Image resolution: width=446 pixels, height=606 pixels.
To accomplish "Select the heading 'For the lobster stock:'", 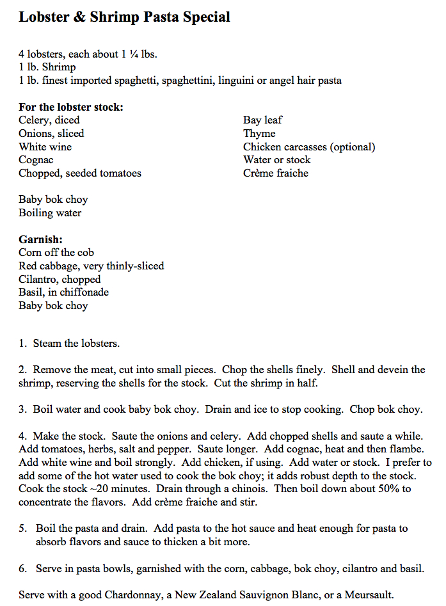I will point(70,107).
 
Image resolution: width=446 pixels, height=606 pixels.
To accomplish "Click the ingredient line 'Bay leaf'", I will point(262,120).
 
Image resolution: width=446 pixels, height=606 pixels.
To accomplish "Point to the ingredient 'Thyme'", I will point(259,134).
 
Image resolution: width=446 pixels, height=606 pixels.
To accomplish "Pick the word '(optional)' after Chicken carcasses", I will point(351,147).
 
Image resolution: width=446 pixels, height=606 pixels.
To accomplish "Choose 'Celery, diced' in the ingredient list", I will point(49,120).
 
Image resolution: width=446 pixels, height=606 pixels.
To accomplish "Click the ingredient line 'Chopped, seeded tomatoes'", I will point(80,173).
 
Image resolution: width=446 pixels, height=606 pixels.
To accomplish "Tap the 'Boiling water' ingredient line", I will point(50,213).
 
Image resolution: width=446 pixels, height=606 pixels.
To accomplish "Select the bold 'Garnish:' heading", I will point(40,239).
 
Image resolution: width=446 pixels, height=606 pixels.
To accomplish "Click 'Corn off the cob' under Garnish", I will point(56,253).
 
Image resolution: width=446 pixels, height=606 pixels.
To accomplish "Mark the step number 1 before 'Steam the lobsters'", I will point(22,344).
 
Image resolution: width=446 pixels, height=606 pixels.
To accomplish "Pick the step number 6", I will point(22,568).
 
